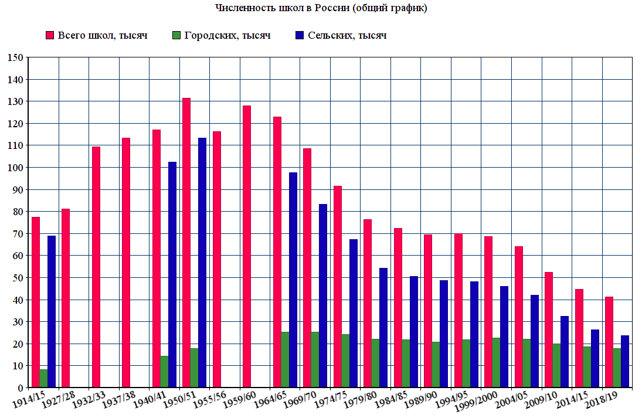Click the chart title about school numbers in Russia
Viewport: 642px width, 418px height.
click(321, 8)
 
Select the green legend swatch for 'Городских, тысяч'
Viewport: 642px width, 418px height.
click(176, 35)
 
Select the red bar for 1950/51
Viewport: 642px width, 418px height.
click(186, 243)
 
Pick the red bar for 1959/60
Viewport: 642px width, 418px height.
click(247, 246)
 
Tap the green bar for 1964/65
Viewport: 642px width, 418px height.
click(286, 359)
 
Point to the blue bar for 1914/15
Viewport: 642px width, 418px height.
click(52, 311)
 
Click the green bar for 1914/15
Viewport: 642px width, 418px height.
click(43, 378)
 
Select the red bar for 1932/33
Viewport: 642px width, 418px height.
click(96, 267)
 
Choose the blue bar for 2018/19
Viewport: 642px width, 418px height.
click(625, 361)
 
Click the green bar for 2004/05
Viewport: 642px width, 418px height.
click(526, 363)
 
